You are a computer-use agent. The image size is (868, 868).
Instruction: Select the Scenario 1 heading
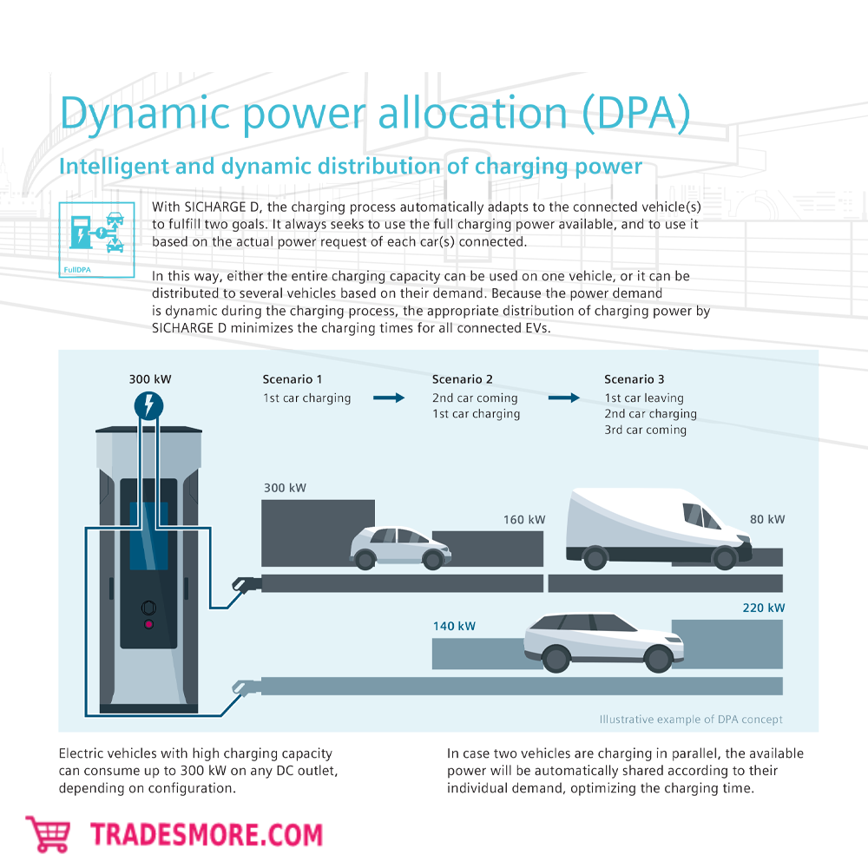[293, 379]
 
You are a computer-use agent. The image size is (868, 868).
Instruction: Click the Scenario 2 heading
[463, 379]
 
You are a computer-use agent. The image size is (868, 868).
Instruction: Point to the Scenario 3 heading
[635, 379]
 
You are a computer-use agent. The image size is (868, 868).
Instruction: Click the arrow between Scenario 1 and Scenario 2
[389, 398]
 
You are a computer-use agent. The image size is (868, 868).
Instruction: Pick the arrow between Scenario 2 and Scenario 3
[563, 398]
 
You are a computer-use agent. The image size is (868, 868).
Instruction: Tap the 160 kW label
[524, 520]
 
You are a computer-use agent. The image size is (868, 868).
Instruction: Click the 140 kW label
[454, 626]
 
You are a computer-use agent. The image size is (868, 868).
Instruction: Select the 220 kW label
[764, 608]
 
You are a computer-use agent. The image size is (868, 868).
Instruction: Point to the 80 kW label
[767, 519]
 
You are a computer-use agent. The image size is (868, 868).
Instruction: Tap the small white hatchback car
[400, 547]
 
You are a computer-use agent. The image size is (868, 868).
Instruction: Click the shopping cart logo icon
[49, 834]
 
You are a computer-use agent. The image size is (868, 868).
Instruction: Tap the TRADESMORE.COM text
[207, 835]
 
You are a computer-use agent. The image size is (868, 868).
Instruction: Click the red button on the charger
[148, 624]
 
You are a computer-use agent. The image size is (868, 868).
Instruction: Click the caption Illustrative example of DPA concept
[691, 719]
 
